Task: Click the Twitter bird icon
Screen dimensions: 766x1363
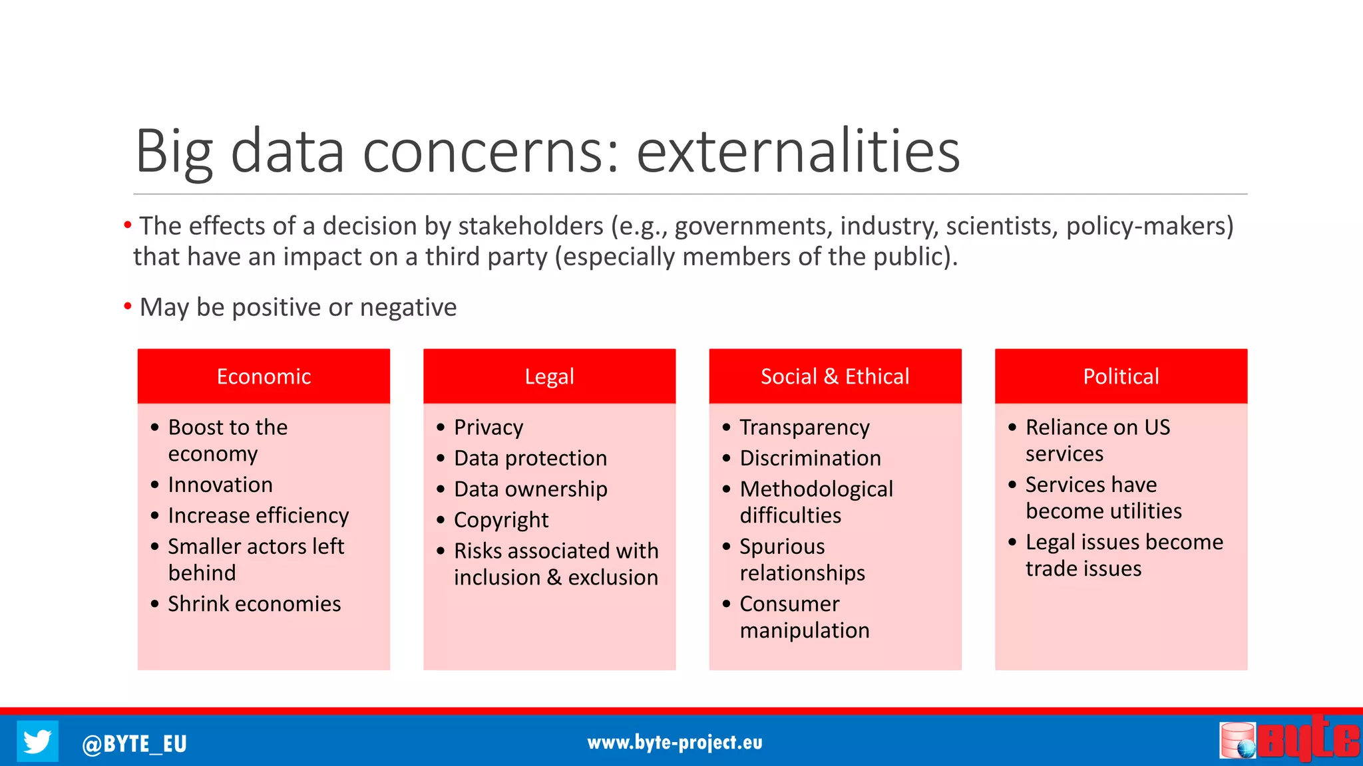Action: [37, 741]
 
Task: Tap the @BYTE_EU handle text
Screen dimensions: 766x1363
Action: [134, 743]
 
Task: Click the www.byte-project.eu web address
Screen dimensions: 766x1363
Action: [675, 742]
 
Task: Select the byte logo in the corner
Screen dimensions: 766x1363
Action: [1290, 739]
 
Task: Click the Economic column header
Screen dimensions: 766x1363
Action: [264, 376]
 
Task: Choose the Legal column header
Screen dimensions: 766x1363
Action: [549, 376]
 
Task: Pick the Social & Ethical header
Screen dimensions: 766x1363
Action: [835, 376]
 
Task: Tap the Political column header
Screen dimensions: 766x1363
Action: [1121, 376]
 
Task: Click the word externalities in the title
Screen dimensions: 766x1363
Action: [797, 152]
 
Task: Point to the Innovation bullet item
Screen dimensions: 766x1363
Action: [220, 485]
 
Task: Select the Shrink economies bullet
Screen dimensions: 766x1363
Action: [254, 604]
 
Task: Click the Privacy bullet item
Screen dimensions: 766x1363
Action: [488, 428]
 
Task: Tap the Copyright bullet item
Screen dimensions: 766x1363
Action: [501, 520]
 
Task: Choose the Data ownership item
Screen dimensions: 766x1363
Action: [530, 489]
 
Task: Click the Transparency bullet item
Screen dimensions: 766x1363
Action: [805, 428]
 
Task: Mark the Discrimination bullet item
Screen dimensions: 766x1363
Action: [810, 458]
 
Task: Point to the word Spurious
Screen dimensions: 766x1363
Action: [782, 547]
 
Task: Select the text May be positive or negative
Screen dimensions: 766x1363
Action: [297, 308]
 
